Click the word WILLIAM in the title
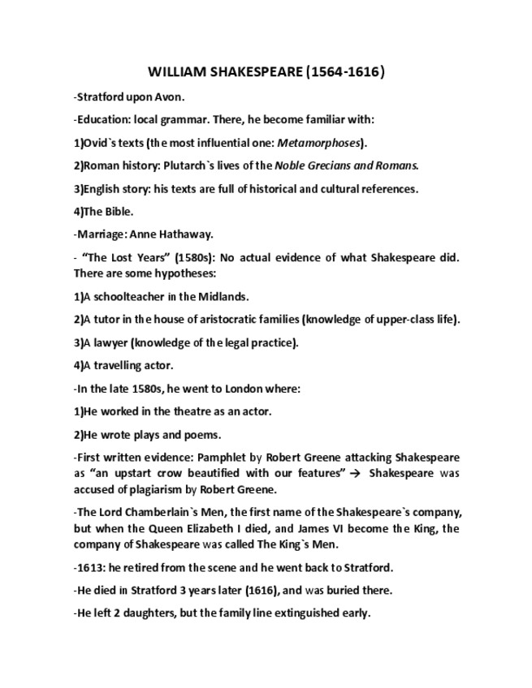pyautogui.click(x=176, y=72)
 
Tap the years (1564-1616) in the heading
pyautogui.click(x=344, y=72)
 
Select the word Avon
pyautogui.click(x=171, y=97)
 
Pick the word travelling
pyautogui.click(x=116, y=365)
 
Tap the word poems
pyautogui.click(x=202, y=434)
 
